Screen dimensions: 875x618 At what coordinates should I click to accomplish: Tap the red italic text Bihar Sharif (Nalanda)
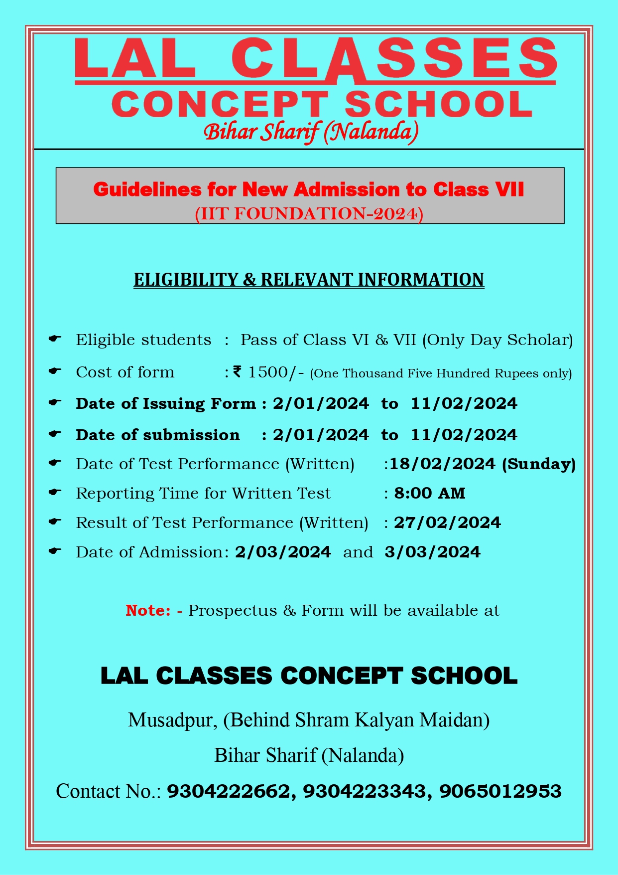click(311, 132)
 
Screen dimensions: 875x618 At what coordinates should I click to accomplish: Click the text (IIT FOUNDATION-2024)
click(309, 213)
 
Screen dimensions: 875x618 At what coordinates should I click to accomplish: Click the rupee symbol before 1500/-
click(237, 371)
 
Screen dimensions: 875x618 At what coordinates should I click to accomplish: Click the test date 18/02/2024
click(442, 464)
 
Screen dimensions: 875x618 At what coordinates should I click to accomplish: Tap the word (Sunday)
click(539, 464)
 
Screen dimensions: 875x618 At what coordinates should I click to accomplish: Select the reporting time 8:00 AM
click(429, 494)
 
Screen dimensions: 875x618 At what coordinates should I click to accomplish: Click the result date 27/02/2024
click(447, 523)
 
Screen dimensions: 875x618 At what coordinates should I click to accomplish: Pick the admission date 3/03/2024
click(432, 552)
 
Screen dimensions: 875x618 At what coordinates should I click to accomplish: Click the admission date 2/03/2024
click(283, 552)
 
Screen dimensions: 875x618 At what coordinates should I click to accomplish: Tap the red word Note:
click(148, 610)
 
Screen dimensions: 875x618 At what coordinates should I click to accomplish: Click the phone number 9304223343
click(364, 791)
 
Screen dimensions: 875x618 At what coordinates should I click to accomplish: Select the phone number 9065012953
click(500, 791)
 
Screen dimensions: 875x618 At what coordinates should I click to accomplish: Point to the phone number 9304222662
click(228, 791)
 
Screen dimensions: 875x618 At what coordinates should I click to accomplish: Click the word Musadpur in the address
click(172, 720)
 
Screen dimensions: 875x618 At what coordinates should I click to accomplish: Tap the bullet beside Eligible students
click(55, 339)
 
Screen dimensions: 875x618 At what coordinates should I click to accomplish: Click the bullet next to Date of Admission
click(55, 551)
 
